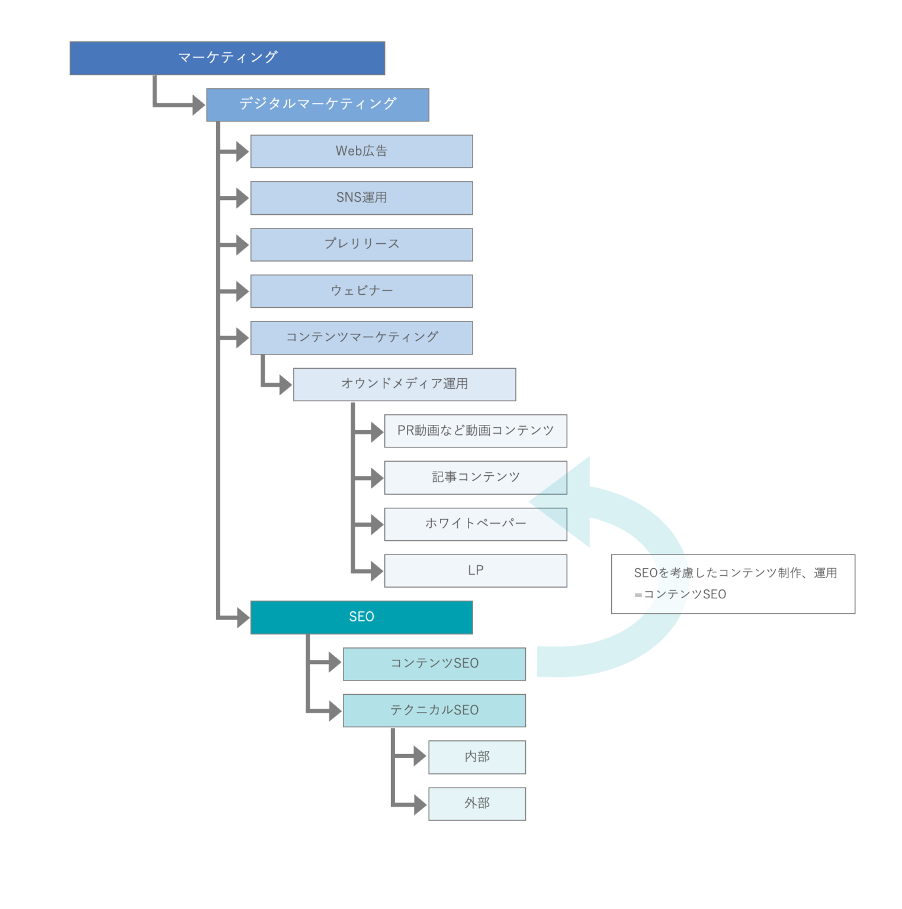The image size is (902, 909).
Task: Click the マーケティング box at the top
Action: (227, 58)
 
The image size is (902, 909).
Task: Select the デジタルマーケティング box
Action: (317, 105)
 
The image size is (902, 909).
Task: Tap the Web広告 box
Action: (361, 151)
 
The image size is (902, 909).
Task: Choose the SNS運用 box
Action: (361, 198)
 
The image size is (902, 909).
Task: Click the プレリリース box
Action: (361, 244)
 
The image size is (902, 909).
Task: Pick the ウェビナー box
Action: (361, 291)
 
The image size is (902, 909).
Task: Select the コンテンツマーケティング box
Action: (361, 338)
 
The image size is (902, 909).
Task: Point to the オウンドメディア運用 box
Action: (405, 384)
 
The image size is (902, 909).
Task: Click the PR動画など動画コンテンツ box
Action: (476, 431)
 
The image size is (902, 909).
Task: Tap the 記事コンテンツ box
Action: (476, 478)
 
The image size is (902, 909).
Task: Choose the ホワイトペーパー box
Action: (476, 524)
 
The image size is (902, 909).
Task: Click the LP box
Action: (476, 570)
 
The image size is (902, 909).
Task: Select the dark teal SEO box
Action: (361, 617)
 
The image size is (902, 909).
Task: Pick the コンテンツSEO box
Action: (434, 664)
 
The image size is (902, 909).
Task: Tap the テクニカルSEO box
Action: (434, 710)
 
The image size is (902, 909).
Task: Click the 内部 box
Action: (477, 757)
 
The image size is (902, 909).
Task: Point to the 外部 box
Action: (477, 804)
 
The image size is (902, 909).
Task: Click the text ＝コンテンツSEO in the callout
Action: (680, 594)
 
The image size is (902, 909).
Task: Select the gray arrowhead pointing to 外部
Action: (419, 804)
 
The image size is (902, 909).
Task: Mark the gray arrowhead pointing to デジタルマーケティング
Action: (198, 105)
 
